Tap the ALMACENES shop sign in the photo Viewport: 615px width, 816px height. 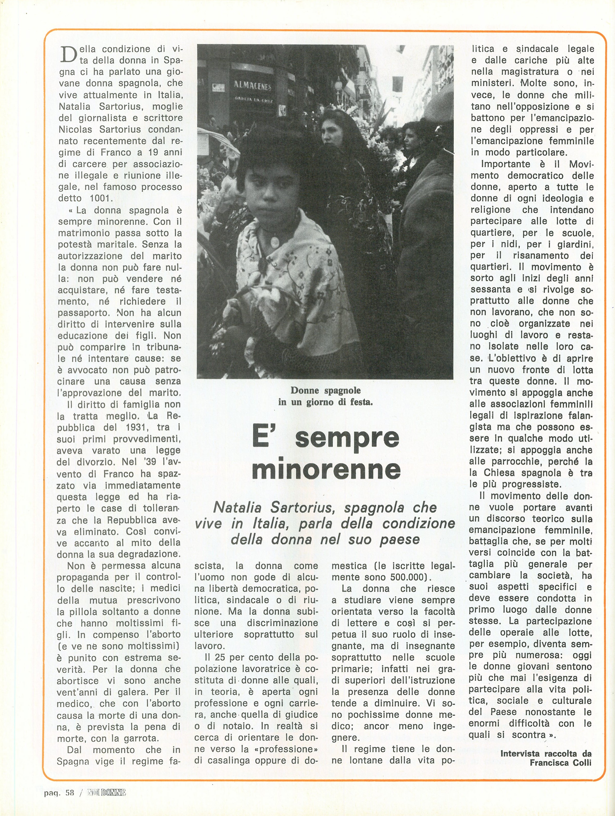click(x=253, y=86)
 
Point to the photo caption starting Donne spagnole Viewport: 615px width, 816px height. click(x=325, y=396)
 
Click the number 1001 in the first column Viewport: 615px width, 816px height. click(x=100, y=198)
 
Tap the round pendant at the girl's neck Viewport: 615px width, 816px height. click(x=275, y=242)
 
